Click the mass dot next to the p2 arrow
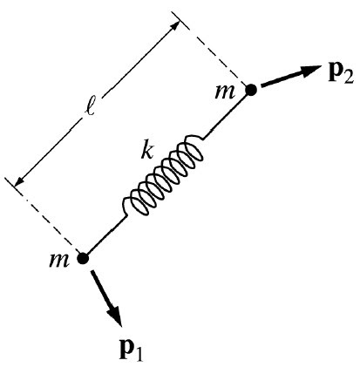(x=250, y=88)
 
